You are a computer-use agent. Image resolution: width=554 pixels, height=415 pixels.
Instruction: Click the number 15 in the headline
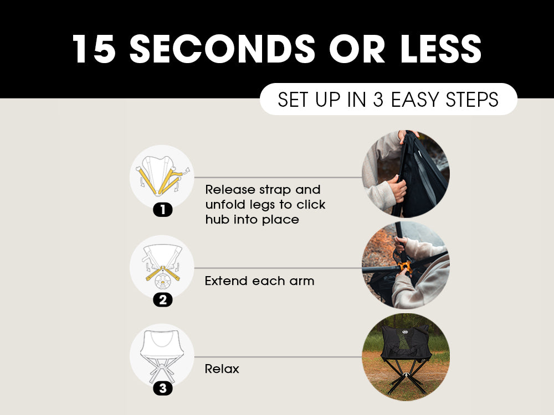(x=94, y=49)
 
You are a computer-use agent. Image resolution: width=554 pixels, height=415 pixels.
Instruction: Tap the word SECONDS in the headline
(x=223, y=49)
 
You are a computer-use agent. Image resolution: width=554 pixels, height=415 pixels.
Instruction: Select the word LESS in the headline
(x=441, y=49)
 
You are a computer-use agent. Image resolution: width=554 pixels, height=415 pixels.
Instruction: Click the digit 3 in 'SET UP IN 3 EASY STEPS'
(x=378, y=99)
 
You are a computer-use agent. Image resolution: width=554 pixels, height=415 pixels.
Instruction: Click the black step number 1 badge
(x=162, y=210)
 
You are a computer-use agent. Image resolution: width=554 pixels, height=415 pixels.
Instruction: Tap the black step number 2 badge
(x=162, y=300)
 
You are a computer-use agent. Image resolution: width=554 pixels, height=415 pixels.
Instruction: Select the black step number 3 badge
(x=162, y=388)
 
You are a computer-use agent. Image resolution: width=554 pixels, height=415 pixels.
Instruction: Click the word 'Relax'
(x=222, y=369)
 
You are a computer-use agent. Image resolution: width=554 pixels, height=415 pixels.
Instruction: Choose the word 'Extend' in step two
(x=226, y=281)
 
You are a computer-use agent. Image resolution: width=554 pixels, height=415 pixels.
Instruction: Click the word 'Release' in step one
(x=230, y=189)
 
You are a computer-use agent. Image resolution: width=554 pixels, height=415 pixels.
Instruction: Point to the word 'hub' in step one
(x=217, y=220)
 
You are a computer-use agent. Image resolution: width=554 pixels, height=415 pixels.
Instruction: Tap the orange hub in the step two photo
(x=405, y=268)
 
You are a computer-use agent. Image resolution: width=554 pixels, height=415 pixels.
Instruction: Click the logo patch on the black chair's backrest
(x=406, y=331)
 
